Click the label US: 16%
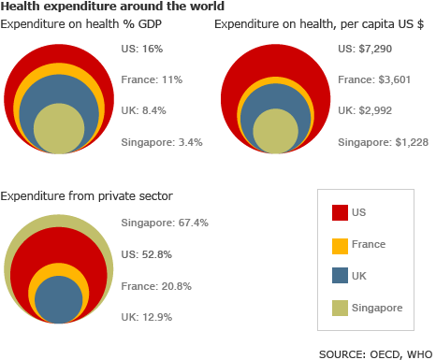140,47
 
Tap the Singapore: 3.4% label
162,142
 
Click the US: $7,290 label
361,47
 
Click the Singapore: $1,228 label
380,142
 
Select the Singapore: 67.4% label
165,223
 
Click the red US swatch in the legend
340,212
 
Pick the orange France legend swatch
340,244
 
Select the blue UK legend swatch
340,276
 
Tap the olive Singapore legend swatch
340,308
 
